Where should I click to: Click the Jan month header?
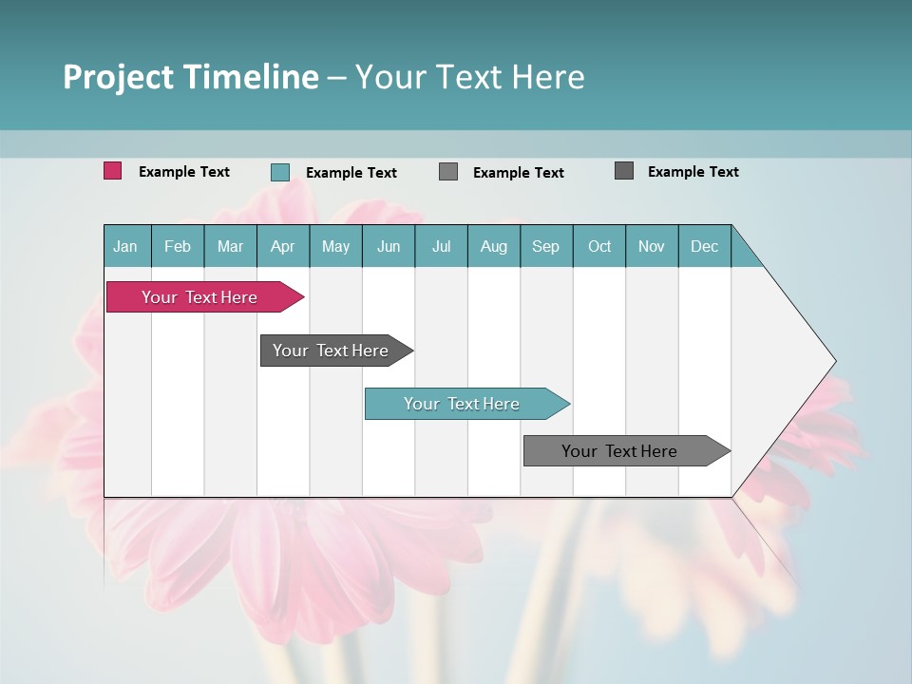126,246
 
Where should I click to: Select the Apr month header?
282,246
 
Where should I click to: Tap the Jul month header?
441,246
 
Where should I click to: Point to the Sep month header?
545,246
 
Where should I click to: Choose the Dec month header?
704,246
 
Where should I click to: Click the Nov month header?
651,246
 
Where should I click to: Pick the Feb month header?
178,246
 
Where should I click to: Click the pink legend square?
112,171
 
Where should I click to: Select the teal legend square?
279,172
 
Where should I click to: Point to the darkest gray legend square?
623,171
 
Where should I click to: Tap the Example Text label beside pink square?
184,172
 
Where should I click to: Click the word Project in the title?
118,77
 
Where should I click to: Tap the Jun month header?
389,246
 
